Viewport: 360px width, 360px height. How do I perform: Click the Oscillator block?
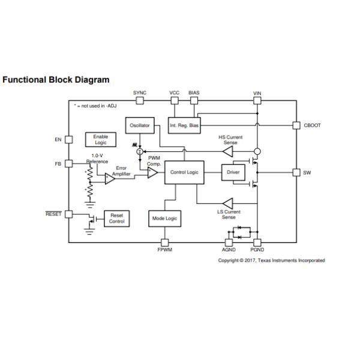(x=140, y=125)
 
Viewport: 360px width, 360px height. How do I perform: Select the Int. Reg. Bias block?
(x=184, y=125)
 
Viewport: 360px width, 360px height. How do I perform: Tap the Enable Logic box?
(x=100, y=140)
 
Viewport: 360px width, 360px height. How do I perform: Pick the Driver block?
(x=233, y=172)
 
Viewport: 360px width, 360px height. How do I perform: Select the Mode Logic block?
(x=163, y=219)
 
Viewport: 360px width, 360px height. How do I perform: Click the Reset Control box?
(x=117, y=218)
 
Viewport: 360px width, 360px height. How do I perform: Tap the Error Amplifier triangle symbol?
(x=110, y=178)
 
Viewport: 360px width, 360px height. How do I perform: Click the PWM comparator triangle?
(x=153, y=173)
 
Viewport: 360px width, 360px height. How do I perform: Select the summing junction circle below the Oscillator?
(x=140, y=152)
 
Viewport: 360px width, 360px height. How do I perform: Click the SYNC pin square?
(x=140, y=101)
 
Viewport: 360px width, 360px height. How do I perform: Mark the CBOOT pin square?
(x=296, y=125)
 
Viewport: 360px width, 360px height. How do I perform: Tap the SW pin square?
(x=296, y=173)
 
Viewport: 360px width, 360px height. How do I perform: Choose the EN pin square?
(x=68, y=140)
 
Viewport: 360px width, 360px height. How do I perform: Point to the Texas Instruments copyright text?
(x=271, y=260)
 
